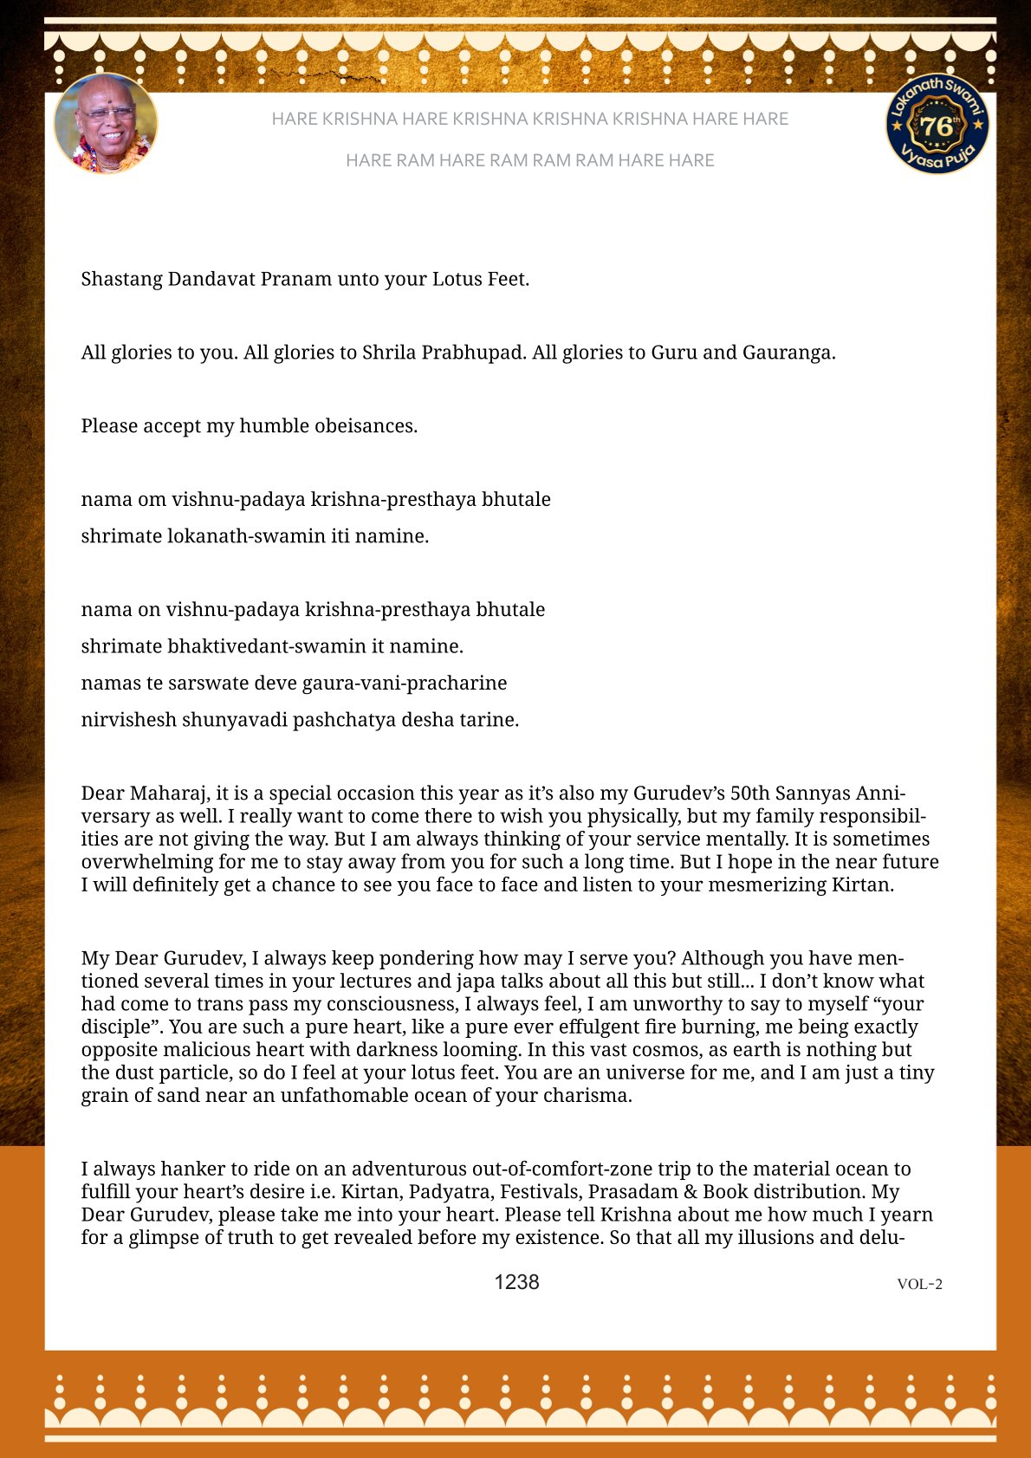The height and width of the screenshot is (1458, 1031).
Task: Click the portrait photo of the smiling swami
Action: click(106, 123)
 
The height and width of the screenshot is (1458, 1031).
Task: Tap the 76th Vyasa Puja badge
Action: click(937, 124)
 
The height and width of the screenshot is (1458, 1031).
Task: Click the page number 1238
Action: click(516, 1282)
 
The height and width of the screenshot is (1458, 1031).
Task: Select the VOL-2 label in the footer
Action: click(919, 1284)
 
